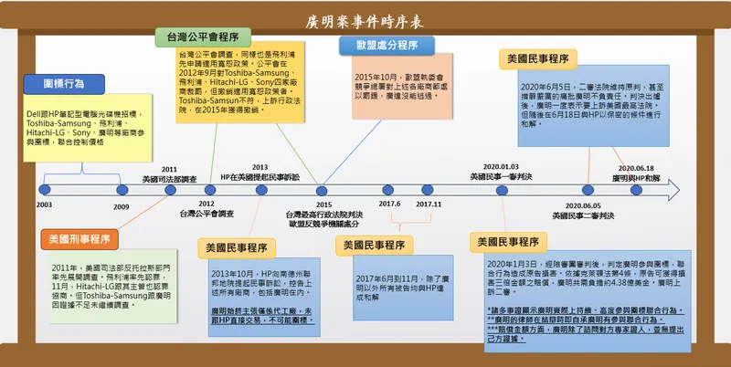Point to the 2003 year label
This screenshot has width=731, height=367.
[44, 205]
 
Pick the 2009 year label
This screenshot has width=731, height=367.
[122, 206]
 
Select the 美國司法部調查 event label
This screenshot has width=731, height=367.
[169, 179]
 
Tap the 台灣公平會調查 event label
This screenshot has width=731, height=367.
[206, 214]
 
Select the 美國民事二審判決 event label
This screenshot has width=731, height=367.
[583, 215]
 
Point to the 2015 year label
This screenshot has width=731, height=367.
[323, 204]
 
